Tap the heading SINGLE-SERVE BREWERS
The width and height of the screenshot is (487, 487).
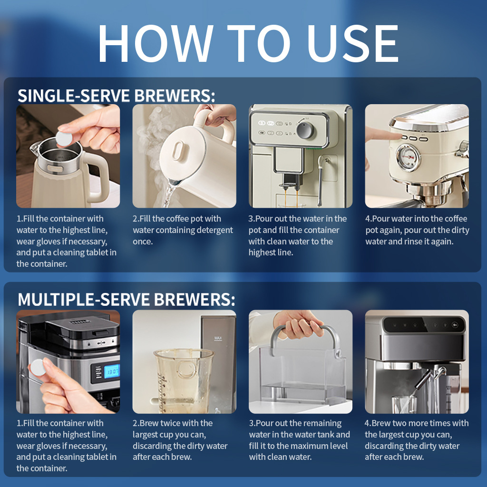[116, 96]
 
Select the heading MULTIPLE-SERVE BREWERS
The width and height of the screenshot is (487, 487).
[126, 300]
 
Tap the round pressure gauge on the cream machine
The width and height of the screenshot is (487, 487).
[409, 158]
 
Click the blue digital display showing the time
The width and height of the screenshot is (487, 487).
[111, 371]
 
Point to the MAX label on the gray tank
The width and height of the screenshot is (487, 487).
[218, 339]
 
